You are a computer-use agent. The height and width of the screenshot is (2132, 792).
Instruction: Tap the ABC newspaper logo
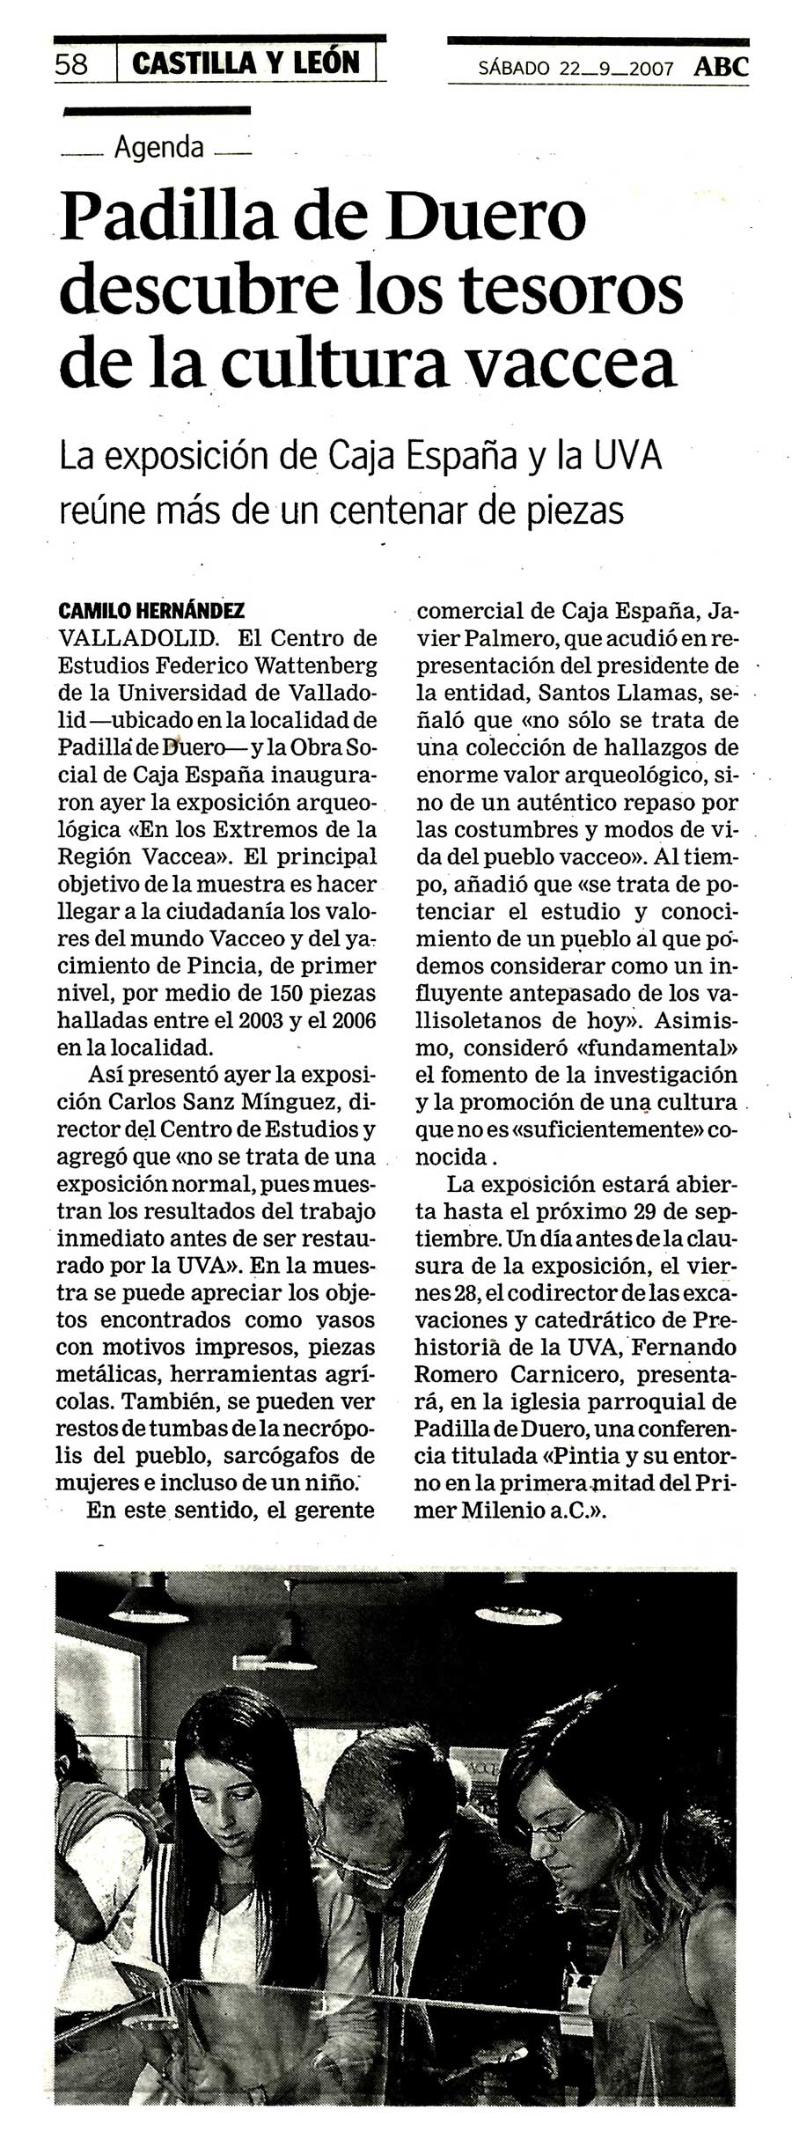721,67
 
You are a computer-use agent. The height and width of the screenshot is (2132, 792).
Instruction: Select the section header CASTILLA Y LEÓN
246,63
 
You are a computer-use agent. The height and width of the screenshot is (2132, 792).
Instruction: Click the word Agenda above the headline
158,147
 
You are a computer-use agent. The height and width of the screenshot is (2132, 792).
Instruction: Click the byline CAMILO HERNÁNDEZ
150,611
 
